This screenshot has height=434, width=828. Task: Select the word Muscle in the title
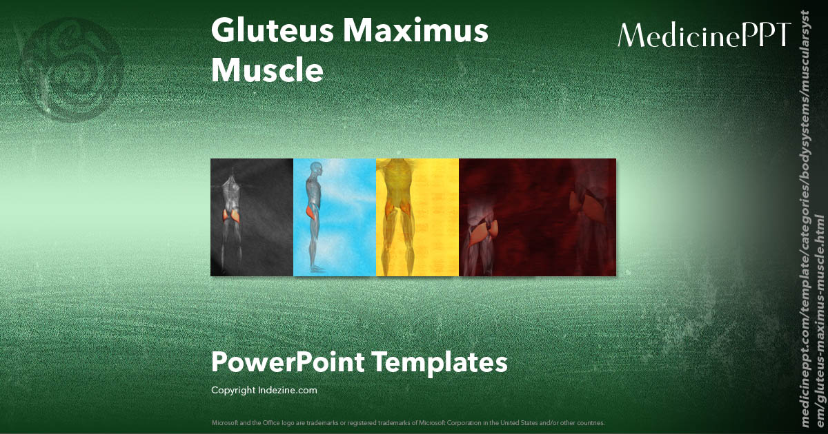coord(267,70)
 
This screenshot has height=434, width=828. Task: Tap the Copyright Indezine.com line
coord(264,391)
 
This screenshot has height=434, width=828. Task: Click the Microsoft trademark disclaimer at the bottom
coord(408,422)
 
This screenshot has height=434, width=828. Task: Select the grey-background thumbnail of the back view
coord(252,218)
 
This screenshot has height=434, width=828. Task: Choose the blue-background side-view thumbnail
coord(335,218)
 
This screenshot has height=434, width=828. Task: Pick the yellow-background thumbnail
coord(417,218)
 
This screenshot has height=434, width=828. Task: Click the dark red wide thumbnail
coord(538,218)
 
